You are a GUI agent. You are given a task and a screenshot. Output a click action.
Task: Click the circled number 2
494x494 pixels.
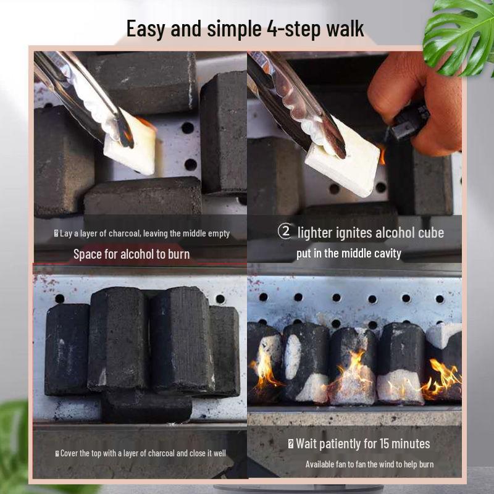(284, 232)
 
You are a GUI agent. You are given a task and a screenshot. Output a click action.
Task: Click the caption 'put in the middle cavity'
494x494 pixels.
(348, 253)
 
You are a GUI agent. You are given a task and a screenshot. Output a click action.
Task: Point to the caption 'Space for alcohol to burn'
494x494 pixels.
(132, 254)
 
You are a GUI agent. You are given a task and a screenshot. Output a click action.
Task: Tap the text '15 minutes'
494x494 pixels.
(399, 443)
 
